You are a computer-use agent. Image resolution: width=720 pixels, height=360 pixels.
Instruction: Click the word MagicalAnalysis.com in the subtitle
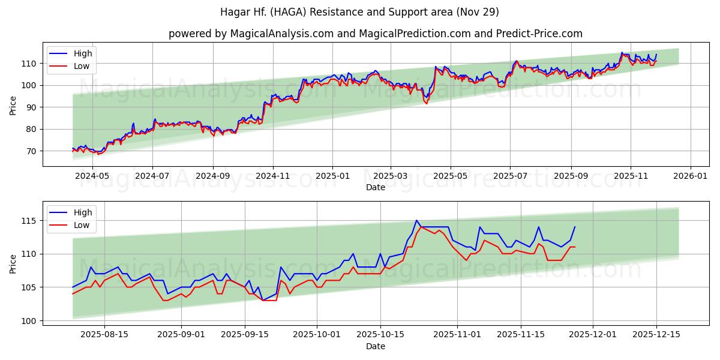pos(281,34)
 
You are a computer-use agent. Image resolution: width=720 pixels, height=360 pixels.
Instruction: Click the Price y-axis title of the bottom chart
pos(13,263)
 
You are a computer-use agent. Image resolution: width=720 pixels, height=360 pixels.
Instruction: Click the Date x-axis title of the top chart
pos(375,187)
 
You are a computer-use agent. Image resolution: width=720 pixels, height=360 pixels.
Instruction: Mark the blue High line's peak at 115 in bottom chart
pos(416,221)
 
